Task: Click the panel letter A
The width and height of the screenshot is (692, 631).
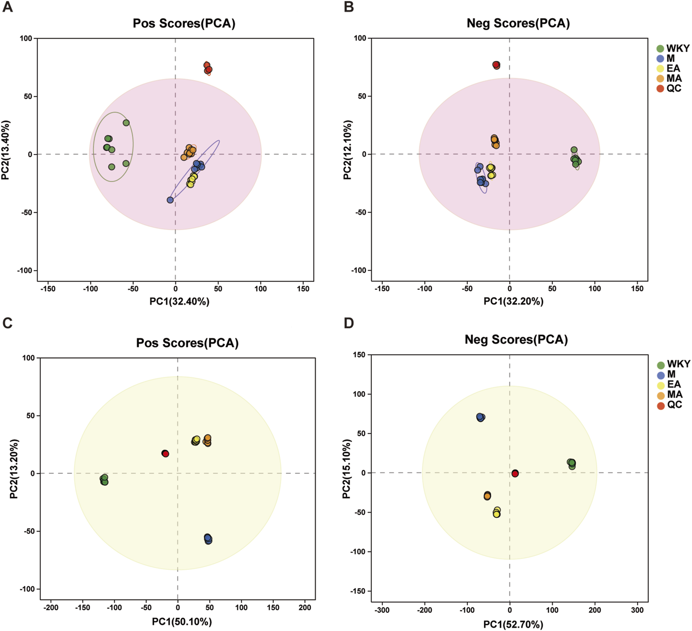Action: (7, 7)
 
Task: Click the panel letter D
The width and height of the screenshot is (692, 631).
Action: (349, 323)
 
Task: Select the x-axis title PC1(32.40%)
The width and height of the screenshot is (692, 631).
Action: (179, 302)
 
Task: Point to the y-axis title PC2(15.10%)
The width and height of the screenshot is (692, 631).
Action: (347, 469)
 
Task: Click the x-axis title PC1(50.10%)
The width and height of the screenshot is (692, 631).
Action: (182, 622)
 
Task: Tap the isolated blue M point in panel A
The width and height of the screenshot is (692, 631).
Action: (170, 200)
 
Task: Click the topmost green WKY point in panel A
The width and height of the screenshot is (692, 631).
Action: (126, 123)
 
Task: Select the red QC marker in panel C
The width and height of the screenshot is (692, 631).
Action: (165, 454)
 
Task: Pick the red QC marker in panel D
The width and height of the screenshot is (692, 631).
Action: (515, 473)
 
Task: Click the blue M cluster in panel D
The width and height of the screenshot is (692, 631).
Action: (480, 417)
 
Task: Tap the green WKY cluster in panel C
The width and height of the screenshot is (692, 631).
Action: (104, 479)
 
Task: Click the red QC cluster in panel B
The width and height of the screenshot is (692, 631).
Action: (496, 65)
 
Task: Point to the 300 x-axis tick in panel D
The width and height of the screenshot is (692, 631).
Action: (637, 610)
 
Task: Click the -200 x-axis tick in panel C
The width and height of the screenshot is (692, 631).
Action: (51, 607)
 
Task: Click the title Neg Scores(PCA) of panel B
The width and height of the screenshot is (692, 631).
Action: (518, 23)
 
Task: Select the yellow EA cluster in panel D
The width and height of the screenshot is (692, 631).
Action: (497, 512)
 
